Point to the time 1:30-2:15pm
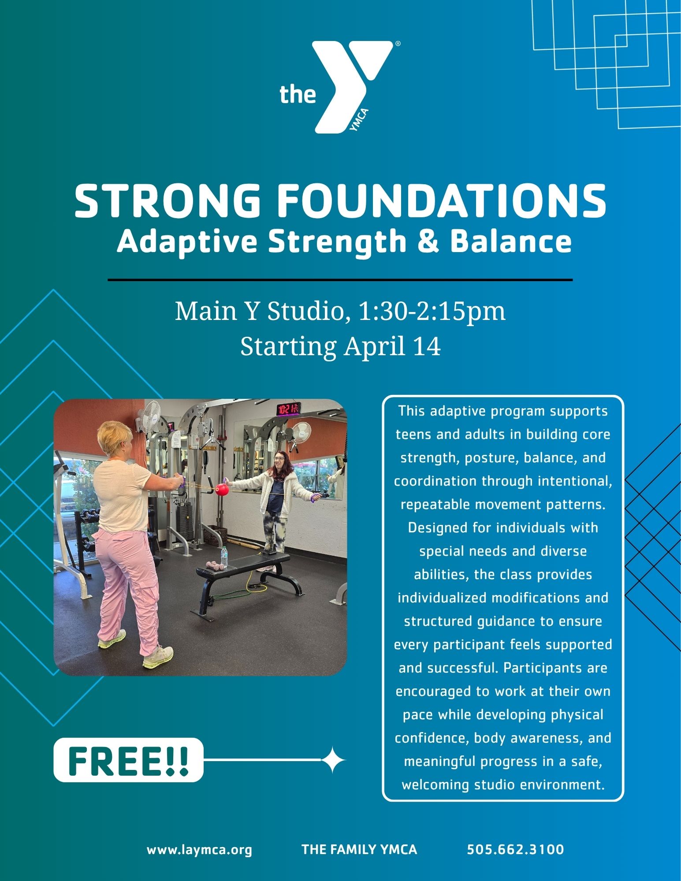coord(432,311)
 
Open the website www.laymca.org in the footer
coord(199,849)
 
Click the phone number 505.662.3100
coord(515,849)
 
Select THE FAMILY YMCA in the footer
coord(359,849)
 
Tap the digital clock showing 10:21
coord(288,409)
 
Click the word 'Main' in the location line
coord(202,311)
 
